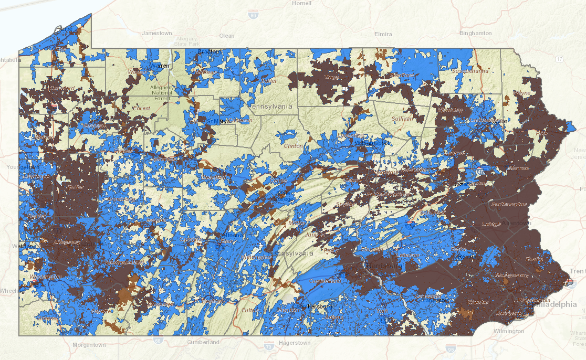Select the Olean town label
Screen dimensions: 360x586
click(x=227, y=36)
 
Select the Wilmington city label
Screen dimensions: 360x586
click(x=509, y=331)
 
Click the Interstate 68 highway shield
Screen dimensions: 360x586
click(x=158, y=341)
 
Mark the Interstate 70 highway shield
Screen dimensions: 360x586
click(x=268, y=346)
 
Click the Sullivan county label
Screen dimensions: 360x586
click(x=402, y=119)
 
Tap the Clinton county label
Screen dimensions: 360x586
click(x=293, y=146)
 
